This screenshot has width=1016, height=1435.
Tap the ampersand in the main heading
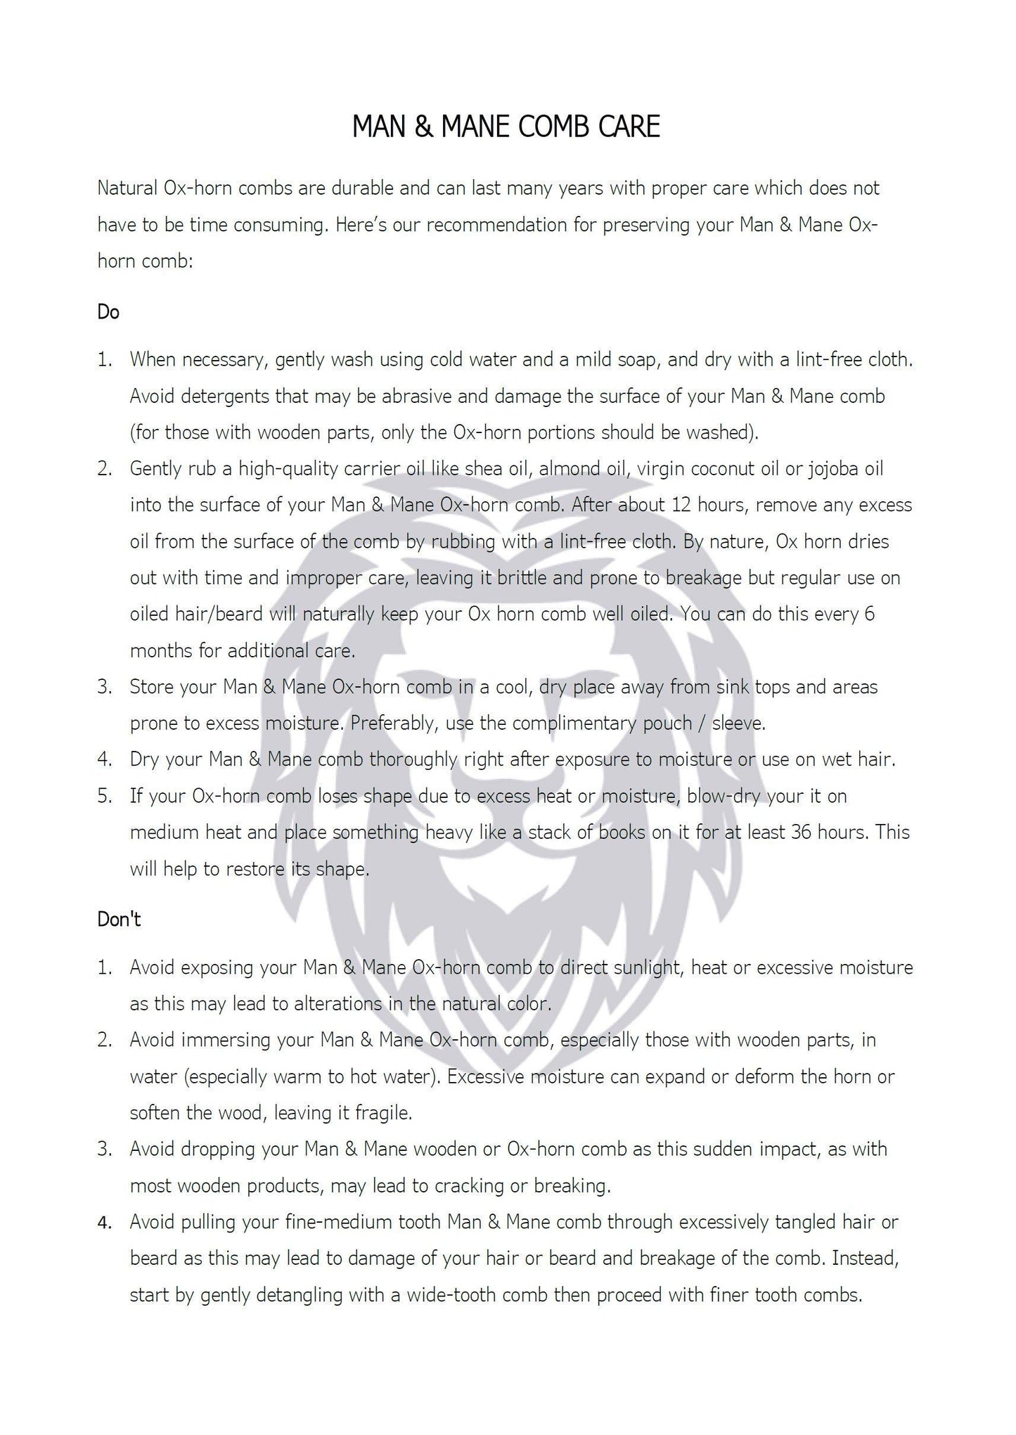click(x=423, y=127)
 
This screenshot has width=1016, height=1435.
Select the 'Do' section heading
click(x=108, y=311)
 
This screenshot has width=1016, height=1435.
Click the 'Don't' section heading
click(x=119, y=919)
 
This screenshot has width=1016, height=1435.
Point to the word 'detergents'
click(x=226, y=396)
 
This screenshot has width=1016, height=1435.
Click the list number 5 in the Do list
click(x=104, y=797)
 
